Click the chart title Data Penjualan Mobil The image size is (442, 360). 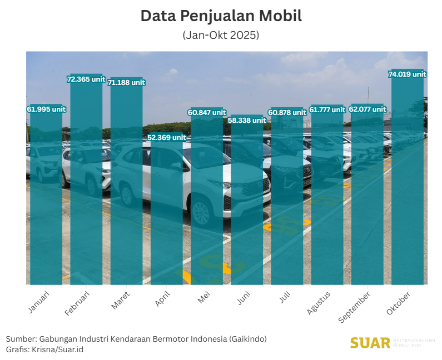[221, 16]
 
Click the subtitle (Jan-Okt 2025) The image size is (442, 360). [221, 35]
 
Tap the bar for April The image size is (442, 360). [166, 211]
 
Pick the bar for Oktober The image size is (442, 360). [407, 178]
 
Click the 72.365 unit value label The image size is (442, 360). [86, 79]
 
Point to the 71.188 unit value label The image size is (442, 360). [126, 83]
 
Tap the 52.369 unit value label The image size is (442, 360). [166, 137]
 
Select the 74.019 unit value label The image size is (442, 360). [407, 74]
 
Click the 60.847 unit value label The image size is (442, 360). [207, 113]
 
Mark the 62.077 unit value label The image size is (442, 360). [367, 109]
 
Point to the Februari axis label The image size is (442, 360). [77, 303]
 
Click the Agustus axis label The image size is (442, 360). [319, 303]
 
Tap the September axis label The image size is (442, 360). [355, 306]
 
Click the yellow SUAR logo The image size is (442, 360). [370, 343]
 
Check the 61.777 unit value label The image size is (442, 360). [327, 110]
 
